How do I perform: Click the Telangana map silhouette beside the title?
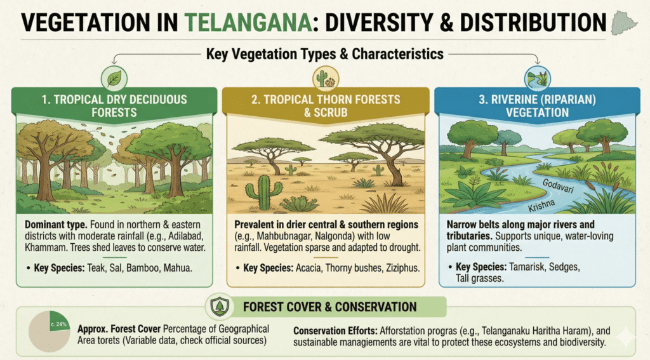pos(625,24)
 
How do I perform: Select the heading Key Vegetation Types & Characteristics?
pos(326,55)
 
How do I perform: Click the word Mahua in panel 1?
pos(176,268)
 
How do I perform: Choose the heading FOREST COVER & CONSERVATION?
pos(330,307)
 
